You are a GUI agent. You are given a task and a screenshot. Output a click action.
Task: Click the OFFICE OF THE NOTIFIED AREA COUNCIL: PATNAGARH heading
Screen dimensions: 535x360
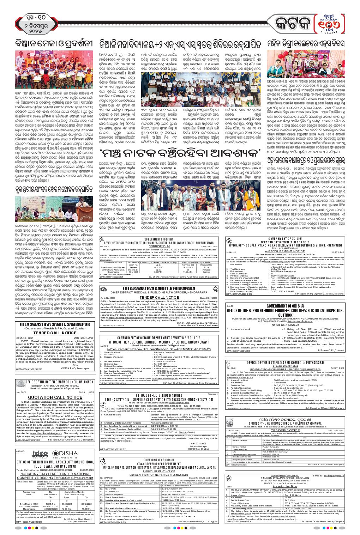pos(290,362)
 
